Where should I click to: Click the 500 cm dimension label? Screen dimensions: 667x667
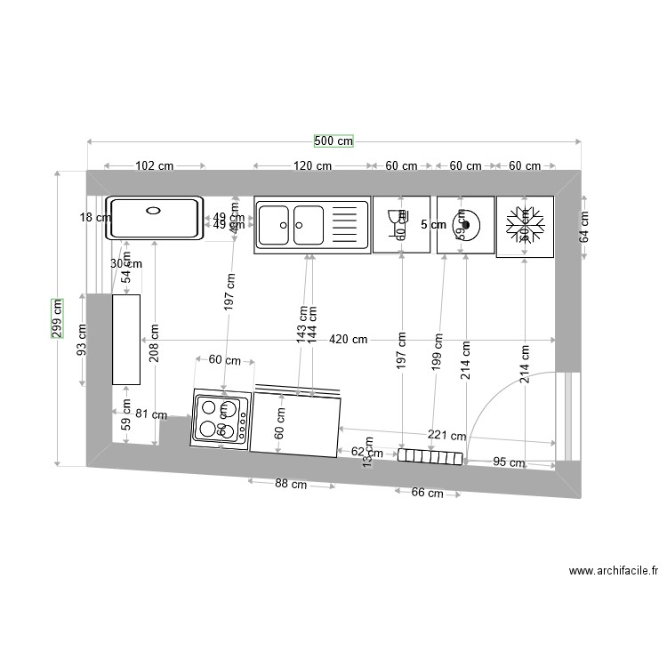333,141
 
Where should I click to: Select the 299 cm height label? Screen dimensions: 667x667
57,317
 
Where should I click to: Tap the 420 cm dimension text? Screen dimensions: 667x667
348,339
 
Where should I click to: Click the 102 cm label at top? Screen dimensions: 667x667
154,166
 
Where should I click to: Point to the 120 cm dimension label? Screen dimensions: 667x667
312,166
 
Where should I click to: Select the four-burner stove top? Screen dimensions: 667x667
221,418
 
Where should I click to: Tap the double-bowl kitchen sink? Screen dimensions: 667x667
311,225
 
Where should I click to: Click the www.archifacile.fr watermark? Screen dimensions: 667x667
614,571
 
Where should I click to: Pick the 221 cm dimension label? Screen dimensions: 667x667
446,436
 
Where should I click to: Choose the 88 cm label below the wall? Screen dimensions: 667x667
291,485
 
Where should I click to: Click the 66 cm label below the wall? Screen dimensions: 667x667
427,494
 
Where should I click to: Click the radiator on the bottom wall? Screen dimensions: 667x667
430,456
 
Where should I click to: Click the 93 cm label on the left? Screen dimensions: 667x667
83,340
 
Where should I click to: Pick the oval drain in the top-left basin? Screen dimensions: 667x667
153,211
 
